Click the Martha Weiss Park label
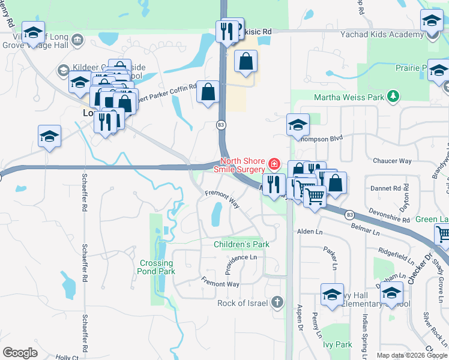pos(350,97)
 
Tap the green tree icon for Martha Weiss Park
pos(393,96)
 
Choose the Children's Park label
pos(241,244)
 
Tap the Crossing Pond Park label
pos(157,267)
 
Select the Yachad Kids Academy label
pos(373,35)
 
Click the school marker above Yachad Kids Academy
pos(432,22)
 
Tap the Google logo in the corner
pos(20,352)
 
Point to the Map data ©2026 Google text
pos(412,355)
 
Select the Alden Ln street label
pos(310,232)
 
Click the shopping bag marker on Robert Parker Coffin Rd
pos(208,93)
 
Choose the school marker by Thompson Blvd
pos(298,126)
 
